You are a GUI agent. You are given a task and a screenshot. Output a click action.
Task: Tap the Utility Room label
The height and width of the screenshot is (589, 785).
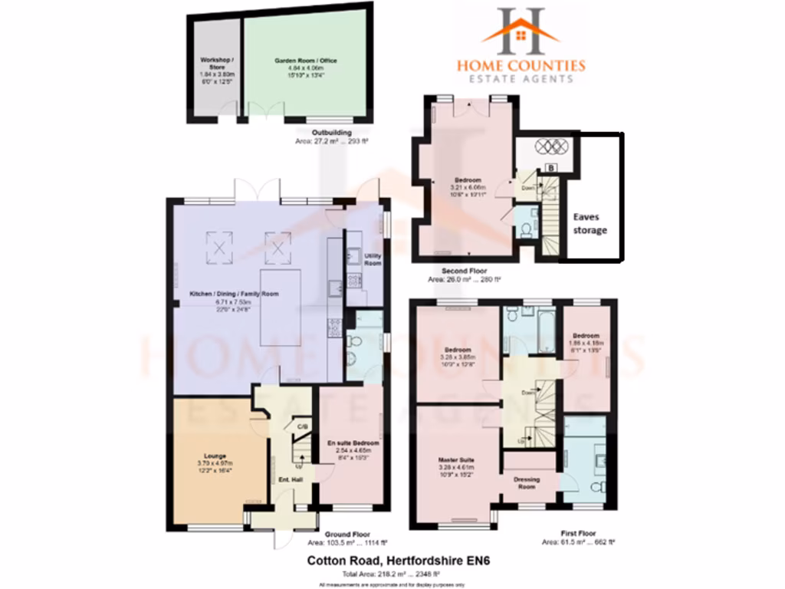[x=373, y=259]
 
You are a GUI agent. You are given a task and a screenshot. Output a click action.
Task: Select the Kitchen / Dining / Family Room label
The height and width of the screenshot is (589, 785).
[x=235, y=294]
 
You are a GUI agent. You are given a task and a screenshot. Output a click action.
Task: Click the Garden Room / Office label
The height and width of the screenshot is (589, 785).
[x=306, y=61]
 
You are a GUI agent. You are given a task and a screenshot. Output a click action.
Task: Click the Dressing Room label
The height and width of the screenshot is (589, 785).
[x=527, y=483]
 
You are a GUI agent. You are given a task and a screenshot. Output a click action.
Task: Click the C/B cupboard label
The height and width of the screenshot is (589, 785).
[x=302, y=426]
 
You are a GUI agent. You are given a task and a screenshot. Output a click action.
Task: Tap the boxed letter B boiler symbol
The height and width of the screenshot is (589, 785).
[x=550, y=166]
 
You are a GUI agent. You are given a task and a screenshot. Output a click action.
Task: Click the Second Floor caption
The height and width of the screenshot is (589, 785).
[x=463, y=271]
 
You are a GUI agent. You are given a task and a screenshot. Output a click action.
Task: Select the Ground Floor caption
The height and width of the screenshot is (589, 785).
[x=349, y=534]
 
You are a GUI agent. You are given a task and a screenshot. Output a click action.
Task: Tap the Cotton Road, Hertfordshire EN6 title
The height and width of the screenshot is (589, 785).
[x=398, y=561]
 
